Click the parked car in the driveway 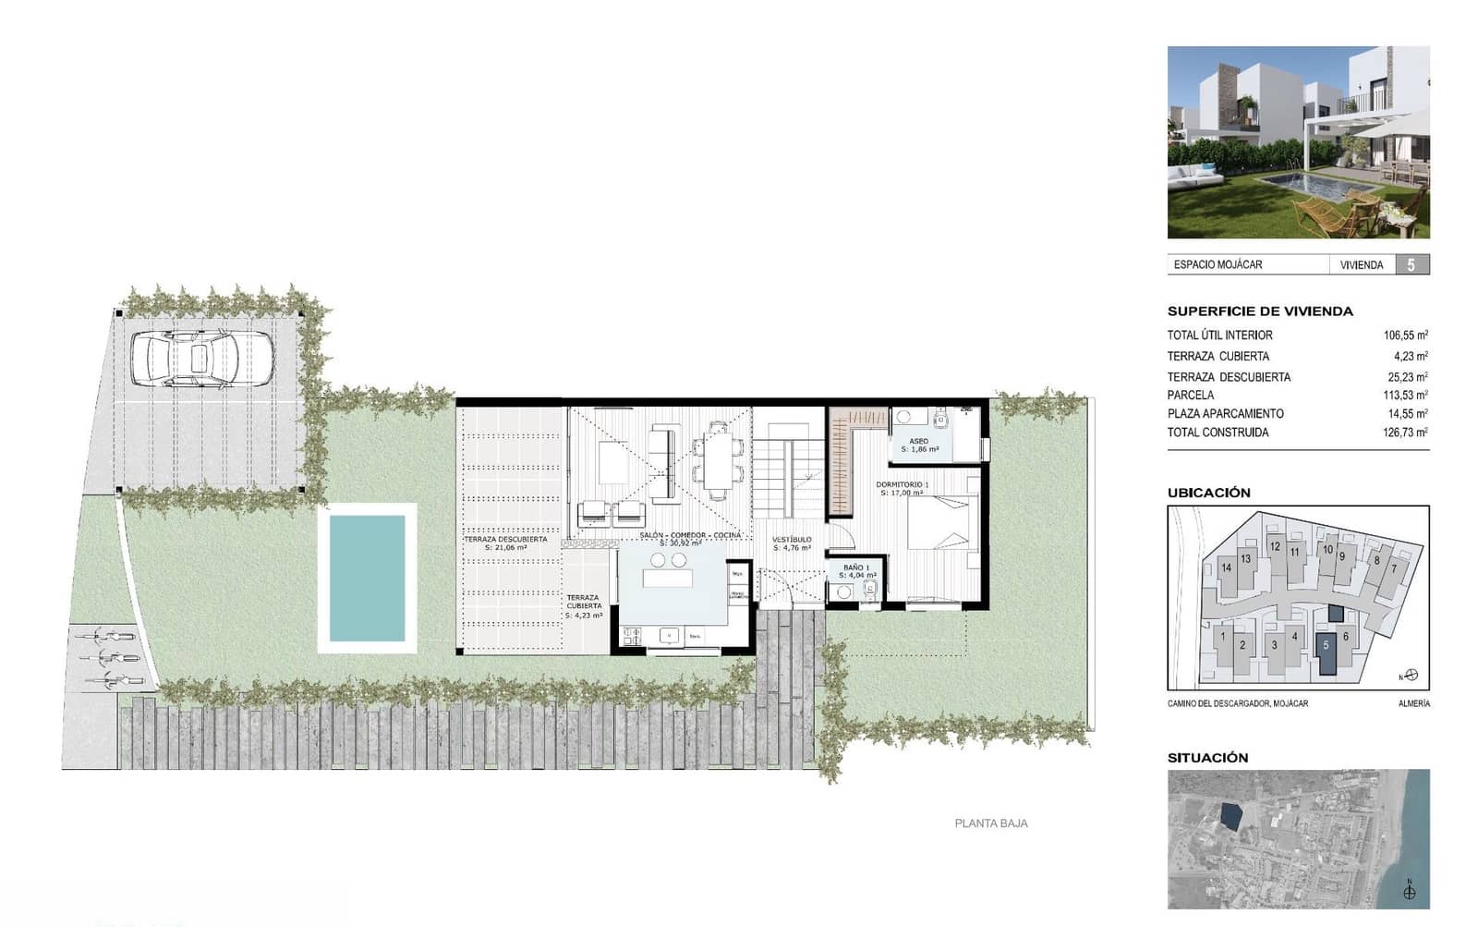[202, 358]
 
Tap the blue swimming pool [368, 578]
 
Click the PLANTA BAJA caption [991, 823]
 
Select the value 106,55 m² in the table [1405, 335]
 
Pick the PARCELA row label [1191, 395]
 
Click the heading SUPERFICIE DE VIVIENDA [1260, 311]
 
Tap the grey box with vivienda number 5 [1411, 265]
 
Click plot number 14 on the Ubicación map [1226, 567]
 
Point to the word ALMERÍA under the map [1413, 703]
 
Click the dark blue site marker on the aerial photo [1230, 816]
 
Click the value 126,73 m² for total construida [1405, 433]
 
